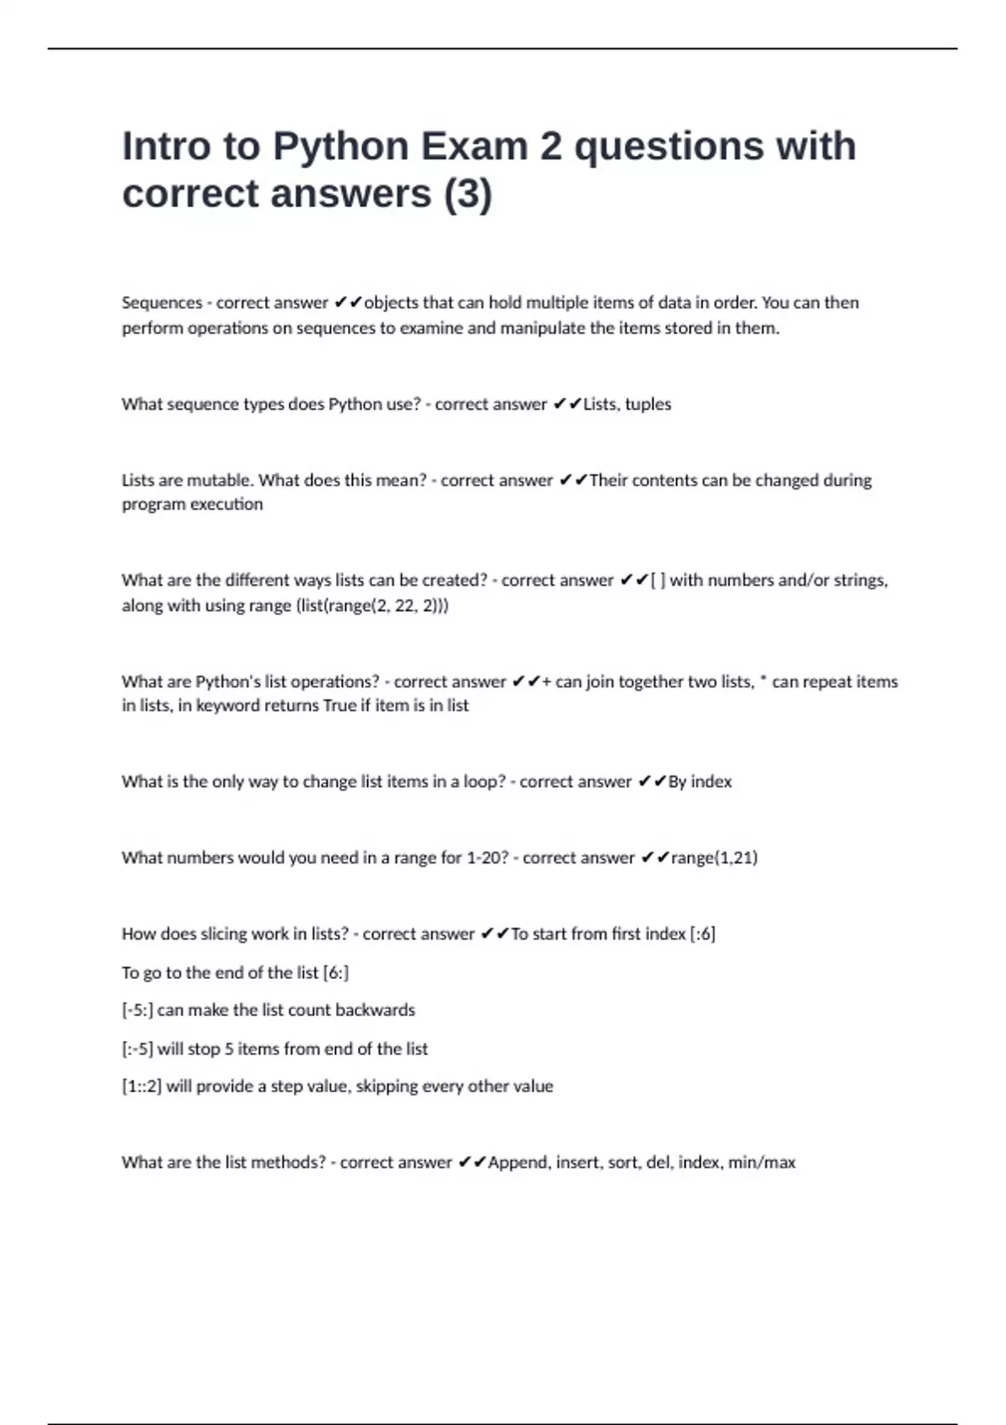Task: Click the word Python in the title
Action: [340, 146]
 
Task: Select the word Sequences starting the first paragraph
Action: [162, 303]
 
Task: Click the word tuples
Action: [648, 404]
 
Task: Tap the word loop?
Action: [484, 781]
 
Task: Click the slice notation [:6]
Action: [703, 934]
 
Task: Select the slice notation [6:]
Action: [335, 972]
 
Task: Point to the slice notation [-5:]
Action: [137, 1010]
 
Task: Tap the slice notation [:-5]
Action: [137, 1049]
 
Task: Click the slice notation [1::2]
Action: [142, 1086]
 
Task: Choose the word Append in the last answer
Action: [519, 1163]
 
